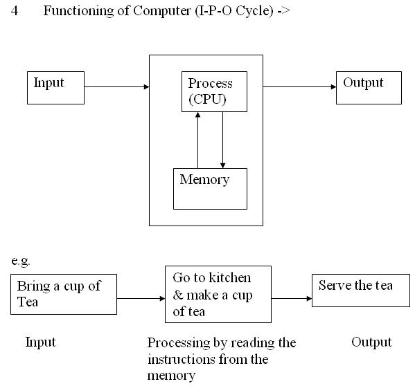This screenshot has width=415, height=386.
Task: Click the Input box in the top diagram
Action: pos(56,87)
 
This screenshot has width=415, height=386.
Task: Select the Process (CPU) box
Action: pos(211,93)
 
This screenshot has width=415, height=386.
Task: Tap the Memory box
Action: pos(210,188)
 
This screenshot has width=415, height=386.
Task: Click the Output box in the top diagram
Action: pos(369,87)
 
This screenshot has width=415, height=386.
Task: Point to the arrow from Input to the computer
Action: pos(116,87)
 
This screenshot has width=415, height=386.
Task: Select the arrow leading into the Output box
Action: pos(299,87)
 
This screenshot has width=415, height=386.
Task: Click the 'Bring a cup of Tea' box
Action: pos(64,295)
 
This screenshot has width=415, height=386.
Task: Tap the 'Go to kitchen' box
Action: pos(218,294)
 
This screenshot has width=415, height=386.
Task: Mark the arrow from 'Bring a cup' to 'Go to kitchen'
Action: pos(141,299)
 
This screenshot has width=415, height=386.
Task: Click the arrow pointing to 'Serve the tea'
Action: pos(291,299)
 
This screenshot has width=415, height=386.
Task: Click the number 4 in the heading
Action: pos(15,13)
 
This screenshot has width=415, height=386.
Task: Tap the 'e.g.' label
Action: pos(21,261)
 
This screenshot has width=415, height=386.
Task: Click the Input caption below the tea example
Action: pos(40,342)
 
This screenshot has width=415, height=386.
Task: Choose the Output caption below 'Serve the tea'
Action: pos(371,342)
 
